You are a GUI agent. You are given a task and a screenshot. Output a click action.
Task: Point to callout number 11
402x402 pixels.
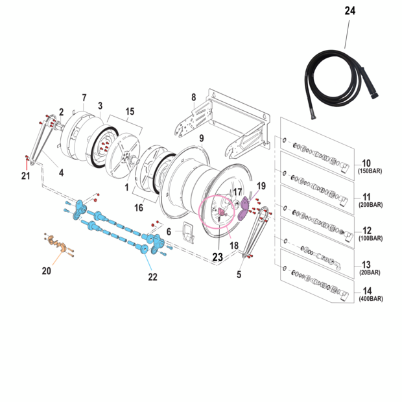[x=366, y=196]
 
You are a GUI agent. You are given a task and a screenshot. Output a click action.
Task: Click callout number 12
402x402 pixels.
[x=366, y=230]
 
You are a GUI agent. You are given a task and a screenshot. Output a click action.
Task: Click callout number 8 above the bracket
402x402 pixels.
[x=193, y=98]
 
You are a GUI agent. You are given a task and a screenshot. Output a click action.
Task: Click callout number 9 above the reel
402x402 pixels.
[x=202, y=138]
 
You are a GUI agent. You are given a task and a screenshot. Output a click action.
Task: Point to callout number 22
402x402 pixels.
[x=152, y=277]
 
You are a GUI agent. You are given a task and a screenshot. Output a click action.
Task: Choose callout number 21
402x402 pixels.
[x=26, y=176]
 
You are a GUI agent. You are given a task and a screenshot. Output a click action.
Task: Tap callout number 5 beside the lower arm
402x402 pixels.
[x=238, y=274]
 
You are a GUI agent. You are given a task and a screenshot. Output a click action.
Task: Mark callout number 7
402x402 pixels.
[x=84, y=98]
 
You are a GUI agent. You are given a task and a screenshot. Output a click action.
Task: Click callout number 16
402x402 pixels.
[x=139, y=207]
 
